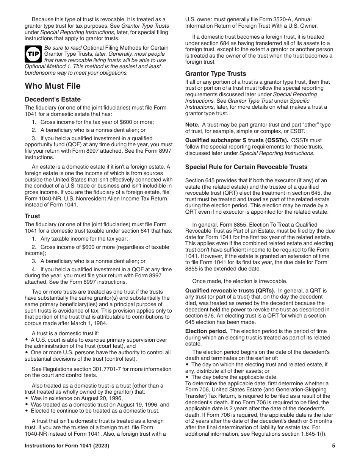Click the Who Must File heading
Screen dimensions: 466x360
53,86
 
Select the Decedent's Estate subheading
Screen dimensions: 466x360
53,99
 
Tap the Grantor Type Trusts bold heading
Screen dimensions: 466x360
216,73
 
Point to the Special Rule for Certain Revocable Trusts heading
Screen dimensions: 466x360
246,167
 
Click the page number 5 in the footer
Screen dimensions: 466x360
333,446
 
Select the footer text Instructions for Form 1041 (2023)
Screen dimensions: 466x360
67,446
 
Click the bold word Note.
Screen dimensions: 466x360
192,125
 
